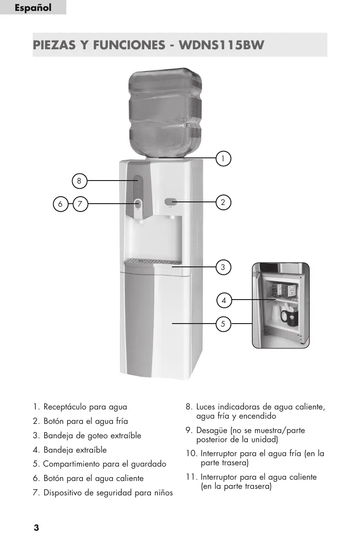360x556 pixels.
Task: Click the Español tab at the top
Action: click(x=33, y=8)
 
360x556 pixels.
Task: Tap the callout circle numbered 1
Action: click(x=223, y=158)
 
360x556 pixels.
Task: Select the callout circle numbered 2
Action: click(x=223, y=202)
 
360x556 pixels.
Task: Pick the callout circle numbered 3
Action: click(x=223, y=267)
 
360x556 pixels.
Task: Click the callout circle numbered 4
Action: click(x=223, y=300)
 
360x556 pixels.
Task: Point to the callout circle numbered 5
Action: click(x=223, y=324)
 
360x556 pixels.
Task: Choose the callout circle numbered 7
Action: click(x=80, y=203)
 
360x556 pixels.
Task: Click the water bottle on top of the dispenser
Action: click(x=165, y=113)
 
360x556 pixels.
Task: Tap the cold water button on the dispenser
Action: click(x=171, y=201)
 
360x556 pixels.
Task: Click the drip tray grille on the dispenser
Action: click(x=153, y=262)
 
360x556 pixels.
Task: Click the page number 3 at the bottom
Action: click(x=36, y=528)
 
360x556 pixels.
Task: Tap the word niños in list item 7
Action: click(x=162, y=493)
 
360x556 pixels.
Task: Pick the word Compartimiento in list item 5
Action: click(x=72, y=464)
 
